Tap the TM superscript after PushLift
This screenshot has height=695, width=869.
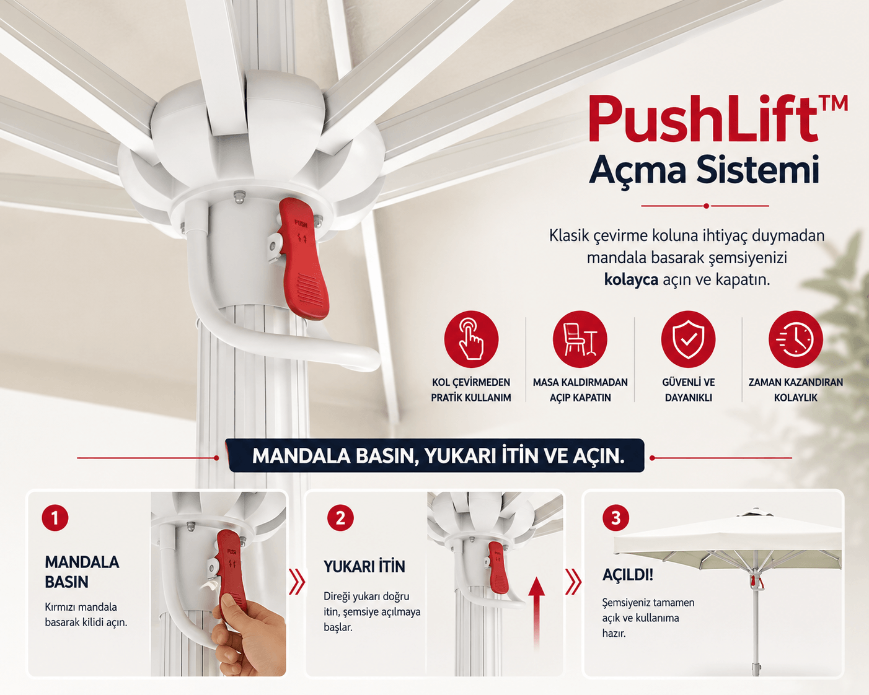pyautogui.click(x=834, y=103)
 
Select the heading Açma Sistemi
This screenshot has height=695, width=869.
pyautogui.click(x=704, y=170)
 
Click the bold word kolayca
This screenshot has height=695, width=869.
pyautogui.click(x=631, y=279)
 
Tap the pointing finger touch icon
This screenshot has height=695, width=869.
pyautogui.click(x=471, y=338)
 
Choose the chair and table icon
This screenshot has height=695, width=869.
pyautogui.click(x=580, y=338)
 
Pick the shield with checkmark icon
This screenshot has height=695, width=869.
pyautogui.click(x=688, y=338)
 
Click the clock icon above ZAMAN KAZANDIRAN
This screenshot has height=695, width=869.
pyautogui.click(x=796, y=338)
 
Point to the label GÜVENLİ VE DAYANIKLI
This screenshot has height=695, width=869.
pyautogui.click(x=689, y=390)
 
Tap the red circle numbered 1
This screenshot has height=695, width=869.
pyautogui.click(x=55, y=517)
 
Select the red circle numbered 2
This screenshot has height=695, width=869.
pyautogui.click(x=340, y=517)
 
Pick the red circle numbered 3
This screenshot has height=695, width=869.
pyautogui.click(x=615, y=517)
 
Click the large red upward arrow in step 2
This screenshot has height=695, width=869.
pyautogui.click(x=536, y=613)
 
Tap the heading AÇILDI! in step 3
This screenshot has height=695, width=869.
pyautogui.click(x=627, y=574)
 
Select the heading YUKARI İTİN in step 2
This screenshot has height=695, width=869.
pyautogui.click(x=364, y=566)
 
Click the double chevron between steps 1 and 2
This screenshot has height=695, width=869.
pyautogui.click(x=297, y=582)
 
